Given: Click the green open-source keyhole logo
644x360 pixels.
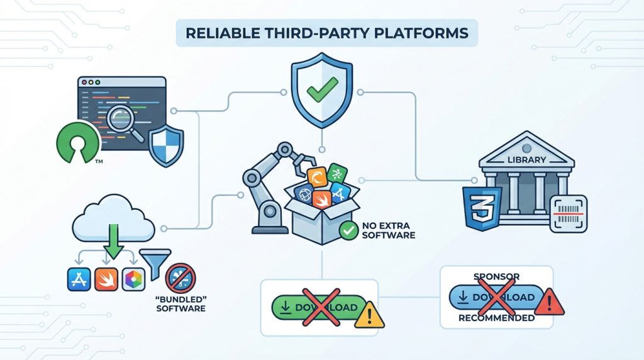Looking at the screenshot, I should pos(77,144).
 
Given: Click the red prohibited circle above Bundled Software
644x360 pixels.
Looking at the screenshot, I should pos(180,278).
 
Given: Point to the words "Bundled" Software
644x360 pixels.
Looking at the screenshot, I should pos(180,304).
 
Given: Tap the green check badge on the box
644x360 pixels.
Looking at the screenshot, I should pos(348,231).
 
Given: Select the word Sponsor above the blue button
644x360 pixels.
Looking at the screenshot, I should pos(496,276).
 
